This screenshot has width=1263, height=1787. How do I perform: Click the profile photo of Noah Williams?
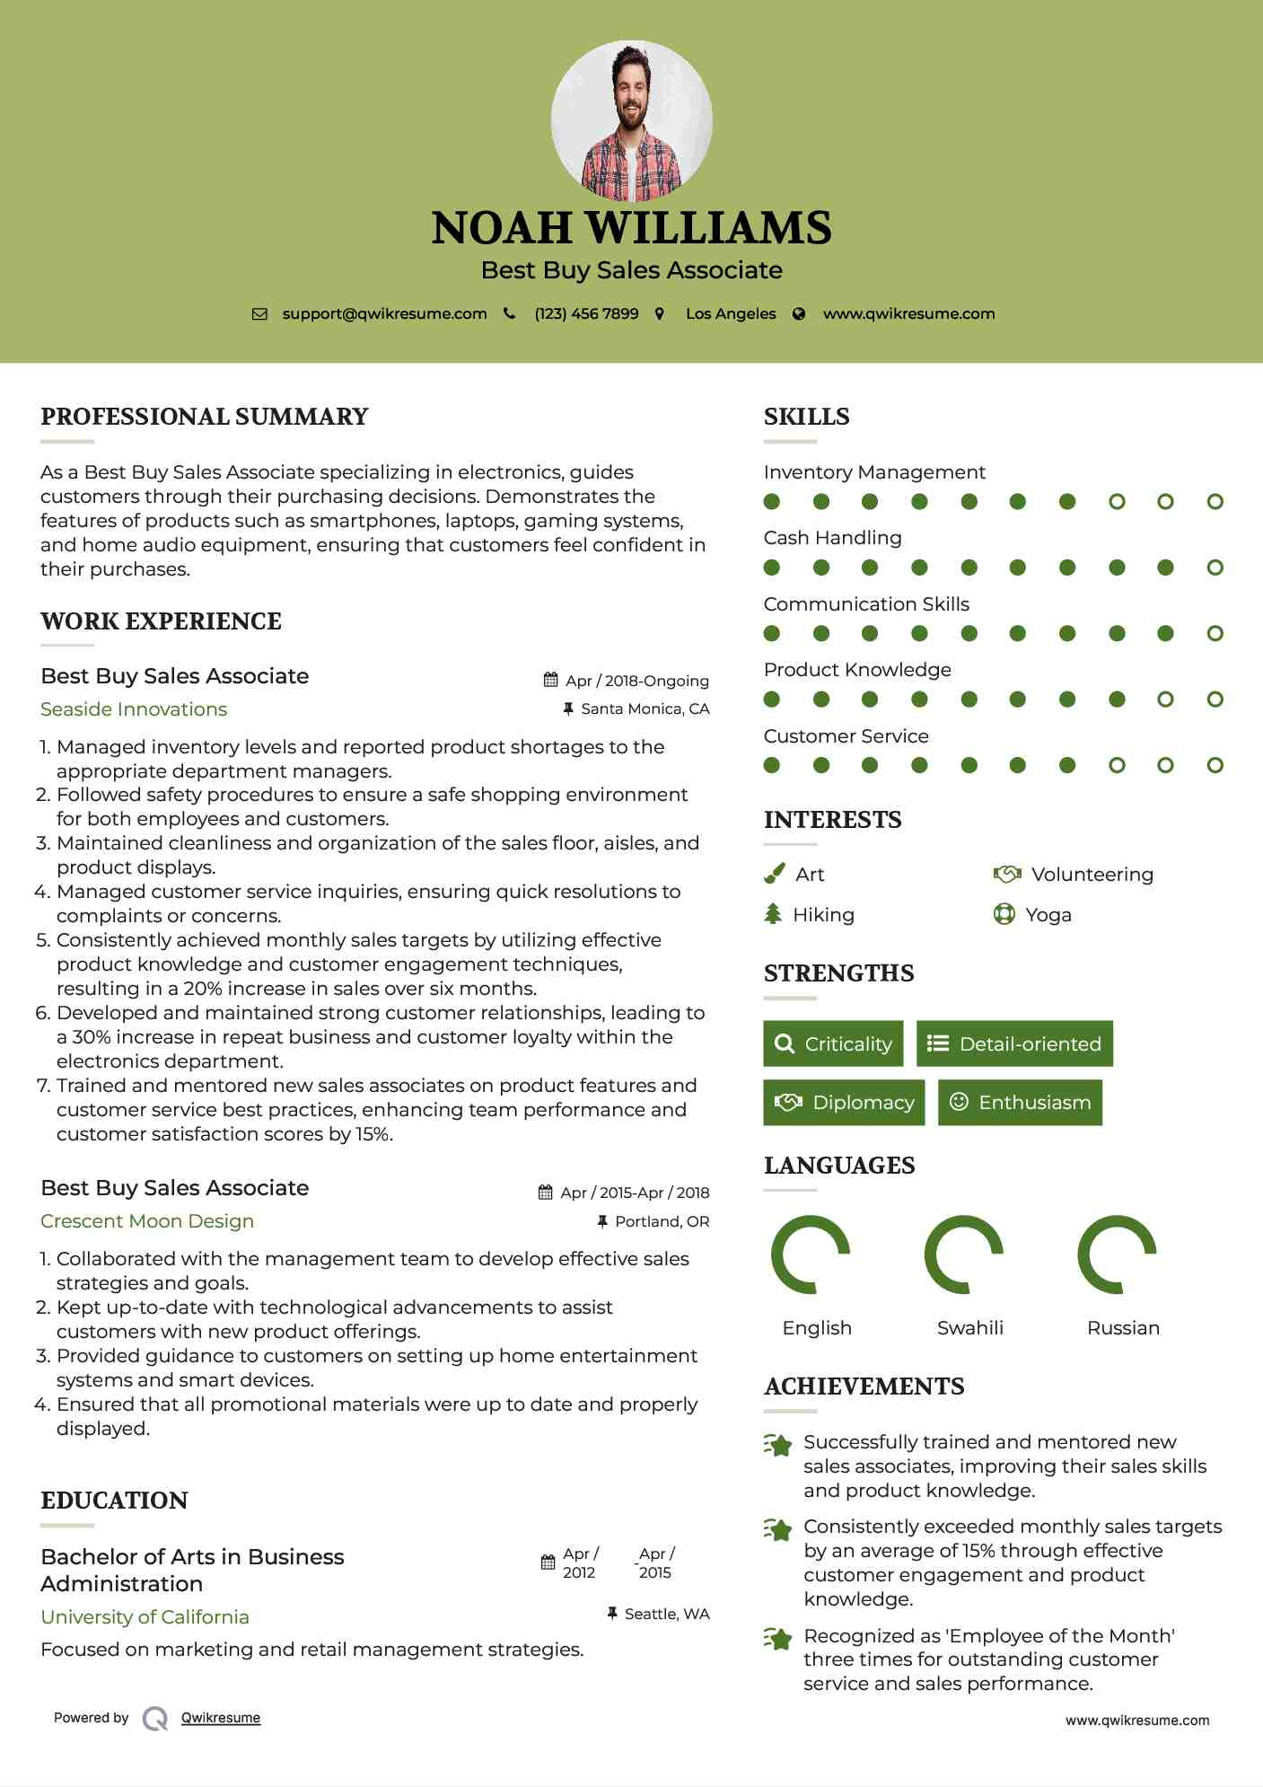(x=631, y=120)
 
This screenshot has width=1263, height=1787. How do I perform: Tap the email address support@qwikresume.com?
(x=384, y=313)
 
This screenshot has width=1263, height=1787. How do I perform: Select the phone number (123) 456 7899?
(x=586, y=313)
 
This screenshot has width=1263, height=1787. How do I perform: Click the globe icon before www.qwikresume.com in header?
(x=799, y=313)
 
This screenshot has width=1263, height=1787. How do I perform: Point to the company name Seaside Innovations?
(x=134, y=709)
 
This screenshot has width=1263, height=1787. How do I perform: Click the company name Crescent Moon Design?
(x=147, y=1221)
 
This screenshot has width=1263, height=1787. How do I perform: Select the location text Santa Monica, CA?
(x=645, y=709)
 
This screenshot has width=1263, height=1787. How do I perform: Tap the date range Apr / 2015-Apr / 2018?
(x=634, y=1193)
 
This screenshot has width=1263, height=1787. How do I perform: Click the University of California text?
(x=145, y=1616)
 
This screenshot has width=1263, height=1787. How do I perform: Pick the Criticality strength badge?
(x=833, y=1043)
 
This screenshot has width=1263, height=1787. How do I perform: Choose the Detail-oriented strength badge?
(x=1014, y=1043)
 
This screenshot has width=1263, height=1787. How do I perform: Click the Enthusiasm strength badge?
(x=1020, y=1102)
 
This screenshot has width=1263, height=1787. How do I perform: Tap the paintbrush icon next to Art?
(x=774, y=874)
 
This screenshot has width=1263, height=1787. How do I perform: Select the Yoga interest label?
(x=1048, y=915)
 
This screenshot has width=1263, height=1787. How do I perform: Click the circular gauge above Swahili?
(x=963, y=1254)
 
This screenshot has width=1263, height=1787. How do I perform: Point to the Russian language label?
(x=1123, y=1327)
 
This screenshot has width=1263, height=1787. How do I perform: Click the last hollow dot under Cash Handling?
(x=1215, y=568)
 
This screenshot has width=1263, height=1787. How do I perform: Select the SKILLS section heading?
(x=806, y=417)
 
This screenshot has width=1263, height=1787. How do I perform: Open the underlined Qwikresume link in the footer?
(x=221, y=1718)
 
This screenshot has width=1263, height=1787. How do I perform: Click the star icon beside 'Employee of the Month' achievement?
(x=777, y=1639)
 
